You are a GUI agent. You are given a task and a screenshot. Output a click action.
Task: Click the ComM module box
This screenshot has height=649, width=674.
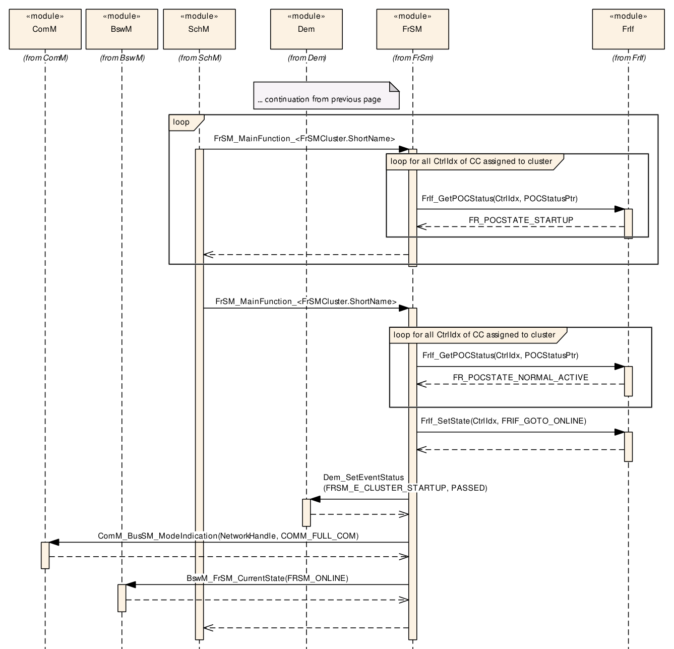pos(45,29)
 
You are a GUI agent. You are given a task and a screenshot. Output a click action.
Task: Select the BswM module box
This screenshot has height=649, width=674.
pos(121,29)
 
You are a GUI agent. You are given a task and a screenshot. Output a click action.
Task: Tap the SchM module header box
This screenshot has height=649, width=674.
pos(199,29)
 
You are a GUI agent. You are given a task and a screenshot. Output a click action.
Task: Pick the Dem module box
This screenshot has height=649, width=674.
pos(306,29)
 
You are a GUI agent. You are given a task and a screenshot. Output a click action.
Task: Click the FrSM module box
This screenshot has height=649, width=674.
pos(412,29)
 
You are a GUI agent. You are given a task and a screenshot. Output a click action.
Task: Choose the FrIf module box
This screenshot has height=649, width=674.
pos(628,29)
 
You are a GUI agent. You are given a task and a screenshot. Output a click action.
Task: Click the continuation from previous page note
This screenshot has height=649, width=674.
pos(326,96)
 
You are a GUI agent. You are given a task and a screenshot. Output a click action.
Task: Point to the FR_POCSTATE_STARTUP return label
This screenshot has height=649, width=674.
pos(521,220)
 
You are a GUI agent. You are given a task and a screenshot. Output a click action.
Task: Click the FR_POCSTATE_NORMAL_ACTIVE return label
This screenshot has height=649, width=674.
pos(521,377)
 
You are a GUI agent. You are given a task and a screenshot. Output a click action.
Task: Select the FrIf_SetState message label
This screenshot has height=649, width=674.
pos(503,421)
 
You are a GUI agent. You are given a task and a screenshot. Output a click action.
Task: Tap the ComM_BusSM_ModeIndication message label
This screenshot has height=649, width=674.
pos(228,536)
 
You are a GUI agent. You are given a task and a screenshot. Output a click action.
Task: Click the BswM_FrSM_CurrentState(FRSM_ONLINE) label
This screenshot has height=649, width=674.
pos(267,578)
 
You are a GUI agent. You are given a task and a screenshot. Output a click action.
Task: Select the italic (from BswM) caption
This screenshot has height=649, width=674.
pos(122,58)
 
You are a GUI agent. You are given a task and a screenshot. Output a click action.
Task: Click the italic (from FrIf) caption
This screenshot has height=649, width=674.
pos(629,58)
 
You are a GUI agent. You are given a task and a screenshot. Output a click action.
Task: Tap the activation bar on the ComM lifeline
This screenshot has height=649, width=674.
pos(45,555)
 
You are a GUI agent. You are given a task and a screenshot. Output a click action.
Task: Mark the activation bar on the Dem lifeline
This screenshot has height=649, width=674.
pos(306,512)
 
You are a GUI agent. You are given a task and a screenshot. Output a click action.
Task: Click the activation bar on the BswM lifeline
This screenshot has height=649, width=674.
pos(121,598)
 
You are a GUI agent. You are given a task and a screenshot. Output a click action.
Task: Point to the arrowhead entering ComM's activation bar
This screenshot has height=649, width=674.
pos(54,542)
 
